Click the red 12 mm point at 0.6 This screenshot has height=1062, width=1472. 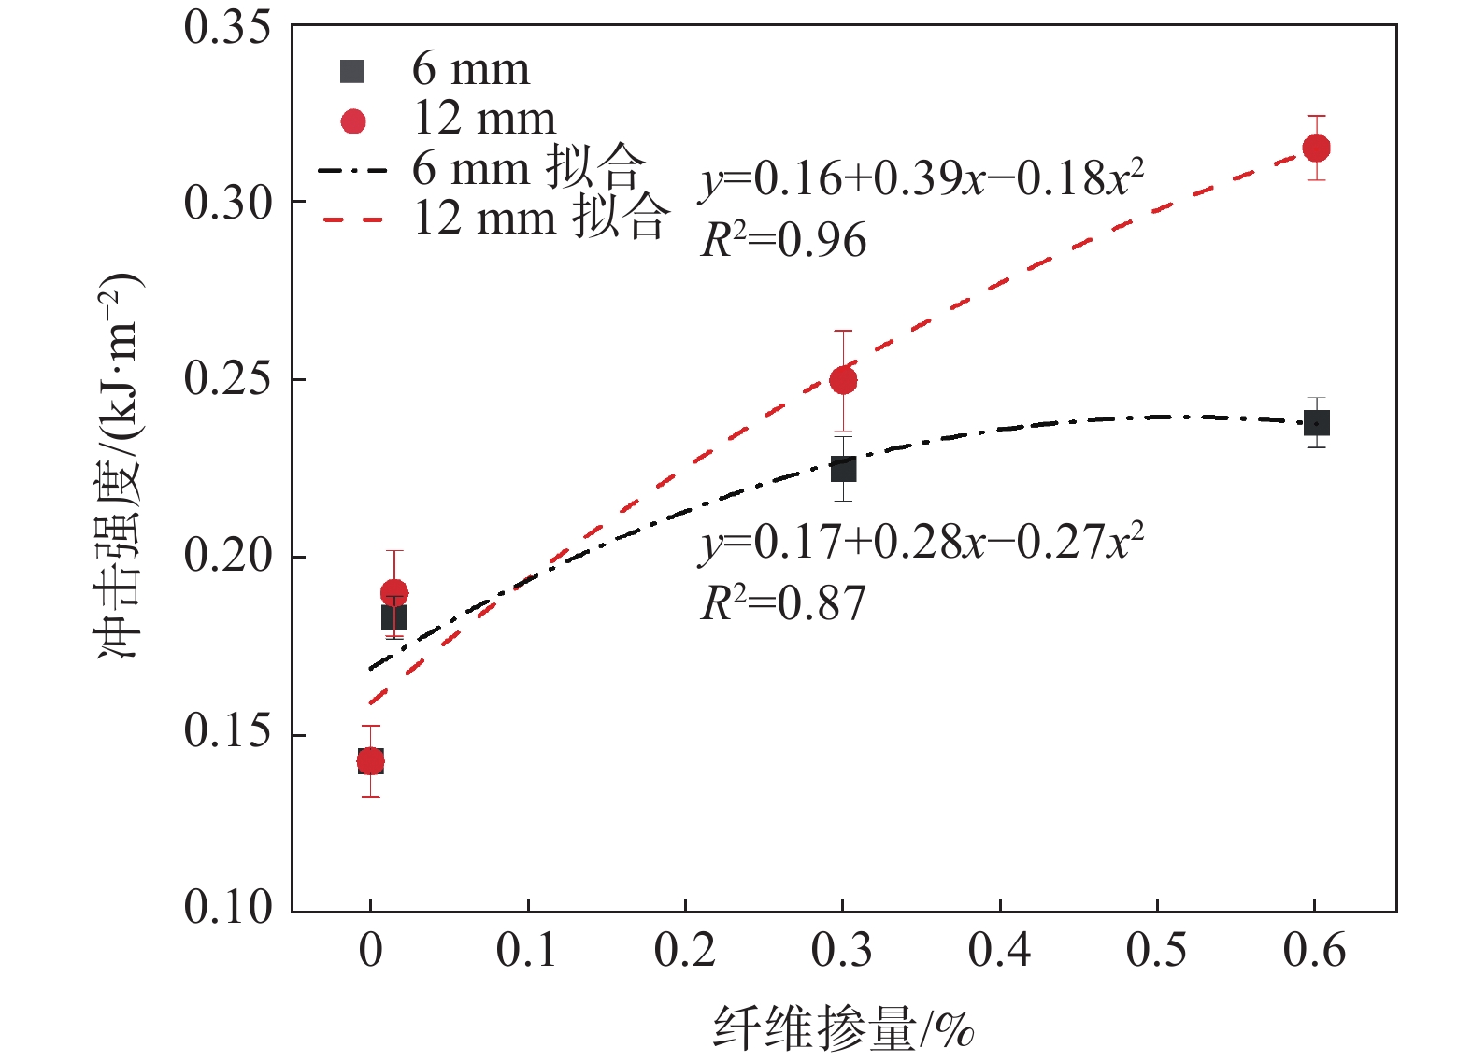[x=1316, y=148]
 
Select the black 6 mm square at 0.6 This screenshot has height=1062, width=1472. [x=1316, y=423]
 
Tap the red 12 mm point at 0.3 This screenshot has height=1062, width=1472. [x=843, y=380]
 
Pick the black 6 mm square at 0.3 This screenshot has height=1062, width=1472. [x=843, y=468]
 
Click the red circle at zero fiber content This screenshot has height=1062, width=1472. [x=370, y=761]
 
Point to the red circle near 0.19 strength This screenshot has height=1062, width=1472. [x=394, y=592]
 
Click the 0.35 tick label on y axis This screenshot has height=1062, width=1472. [x=227, y=27]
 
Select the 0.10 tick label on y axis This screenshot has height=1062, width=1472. [x=227, y=906]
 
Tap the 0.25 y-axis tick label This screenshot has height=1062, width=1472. [x=227, y=378]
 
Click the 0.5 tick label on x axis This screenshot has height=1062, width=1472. [x=1156, y=951]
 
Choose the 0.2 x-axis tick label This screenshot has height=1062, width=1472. [x=684, y=951]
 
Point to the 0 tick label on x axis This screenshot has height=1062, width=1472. [x=370, y=951]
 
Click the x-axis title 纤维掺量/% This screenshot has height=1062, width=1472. [x=844, y=1029]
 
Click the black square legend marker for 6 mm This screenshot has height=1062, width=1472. [x=352, y=71]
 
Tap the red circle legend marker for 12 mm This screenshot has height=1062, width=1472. [x=353, y=121]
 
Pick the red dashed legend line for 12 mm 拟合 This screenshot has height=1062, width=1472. [x=352, y=220]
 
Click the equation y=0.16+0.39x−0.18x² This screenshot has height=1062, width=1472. [x=922, y=178]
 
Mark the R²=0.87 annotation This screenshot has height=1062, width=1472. [x=783, y=603]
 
